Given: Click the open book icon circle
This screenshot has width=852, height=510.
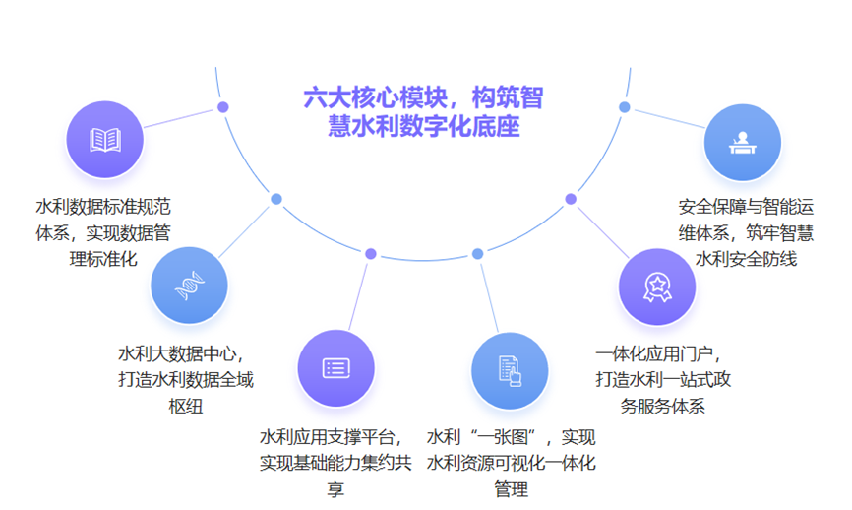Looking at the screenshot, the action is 105,140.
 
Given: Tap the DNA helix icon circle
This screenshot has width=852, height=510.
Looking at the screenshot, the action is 189,286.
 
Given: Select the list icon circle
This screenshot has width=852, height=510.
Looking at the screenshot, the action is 335,368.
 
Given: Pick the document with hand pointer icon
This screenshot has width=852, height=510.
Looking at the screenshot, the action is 510,371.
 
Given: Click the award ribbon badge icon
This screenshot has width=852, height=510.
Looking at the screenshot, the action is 657,287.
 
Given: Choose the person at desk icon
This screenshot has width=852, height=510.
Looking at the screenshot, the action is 743,143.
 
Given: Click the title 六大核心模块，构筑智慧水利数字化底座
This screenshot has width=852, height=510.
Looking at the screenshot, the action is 423,111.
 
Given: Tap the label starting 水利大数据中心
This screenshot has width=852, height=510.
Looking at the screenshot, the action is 186,379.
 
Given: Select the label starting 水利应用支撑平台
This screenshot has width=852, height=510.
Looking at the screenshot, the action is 335,463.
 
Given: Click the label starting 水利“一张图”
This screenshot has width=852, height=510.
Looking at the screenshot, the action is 511,463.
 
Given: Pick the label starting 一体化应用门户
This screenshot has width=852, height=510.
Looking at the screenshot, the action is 663,379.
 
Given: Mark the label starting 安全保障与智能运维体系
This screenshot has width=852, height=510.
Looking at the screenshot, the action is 746,232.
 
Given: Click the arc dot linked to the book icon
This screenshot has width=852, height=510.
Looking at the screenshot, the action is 222,107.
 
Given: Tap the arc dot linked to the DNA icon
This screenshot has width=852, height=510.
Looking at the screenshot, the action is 276,199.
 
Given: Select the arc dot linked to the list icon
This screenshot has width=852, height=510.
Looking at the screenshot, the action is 371,254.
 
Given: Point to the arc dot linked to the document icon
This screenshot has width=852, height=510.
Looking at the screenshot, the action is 477,254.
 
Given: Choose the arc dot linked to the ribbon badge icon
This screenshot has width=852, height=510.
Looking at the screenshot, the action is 571,199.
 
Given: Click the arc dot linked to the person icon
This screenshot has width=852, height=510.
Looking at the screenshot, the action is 625,107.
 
